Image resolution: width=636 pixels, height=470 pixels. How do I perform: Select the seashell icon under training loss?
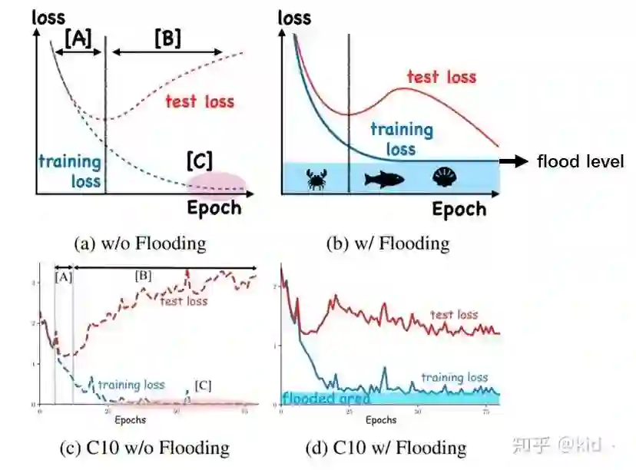click(x=444, y=178)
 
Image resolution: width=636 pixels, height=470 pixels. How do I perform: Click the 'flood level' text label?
click(x=580, y=161)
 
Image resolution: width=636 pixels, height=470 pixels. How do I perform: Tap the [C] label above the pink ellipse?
click(x=200, y=161)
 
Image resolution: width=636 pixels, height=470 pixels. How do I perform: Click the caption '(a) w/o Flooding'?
click(x=140, y=243)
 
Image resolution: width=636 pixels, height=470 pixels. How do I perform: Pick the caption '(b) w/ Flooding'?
click(x=388, y=243)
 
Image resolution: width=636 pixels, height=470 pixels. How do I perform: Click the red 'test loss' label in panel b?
click(x=441, y=77)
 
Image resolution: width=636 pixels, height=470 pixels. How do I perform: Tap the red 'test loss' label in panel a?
click(x=200, y=101)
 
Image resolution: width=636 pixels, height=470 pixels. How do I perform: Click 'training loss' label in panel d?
click(x=455, y=377)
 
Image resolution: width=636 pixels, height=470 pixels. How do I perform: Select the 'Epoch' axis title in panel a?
click(x=214, y=207)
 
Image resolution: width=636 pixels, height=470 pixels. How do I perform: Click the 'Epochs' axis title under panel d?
click(x=380, y=420)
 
